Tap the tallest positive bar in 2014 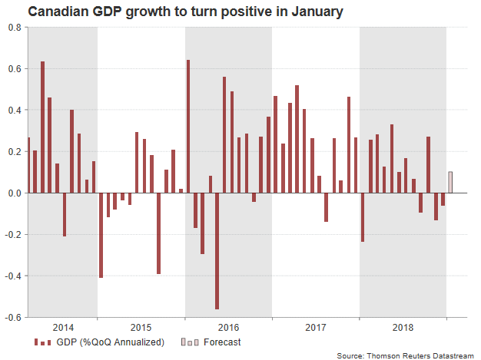coord(42,127)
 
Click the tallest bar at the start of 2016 coord(188,126)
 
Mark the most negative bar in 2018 coord(363,217)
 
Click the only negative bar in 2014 coord(65,214)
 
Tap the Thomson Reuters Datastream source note coord(405,355)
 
